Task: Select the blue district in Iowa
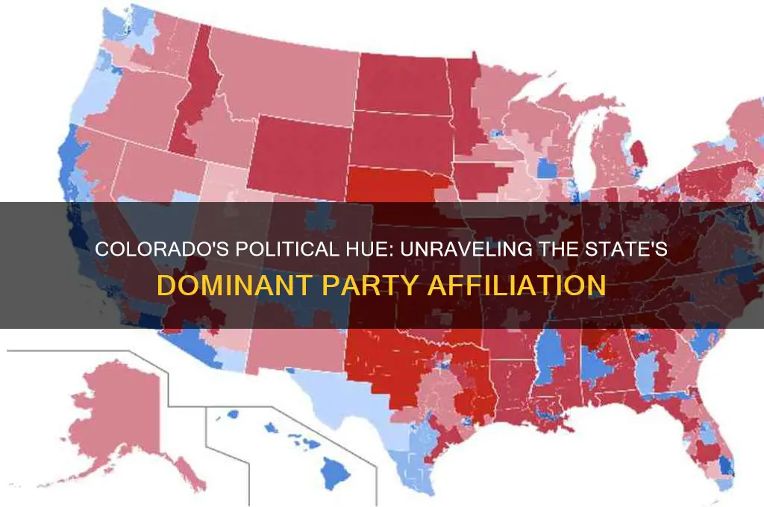pyautogui.click(x=547, y=169)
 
